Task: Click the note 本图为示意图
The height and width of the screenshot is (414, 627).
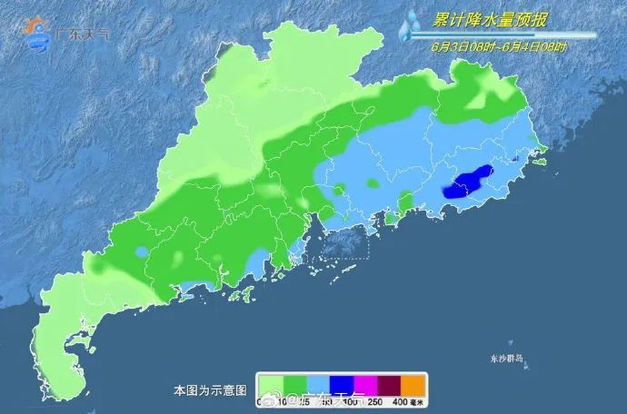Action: (210, 390)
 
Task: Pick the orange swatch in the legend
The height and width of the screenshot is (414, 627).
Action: (413, 383)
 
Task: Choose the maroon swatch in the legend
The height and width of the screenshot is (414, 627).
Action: (388, 383)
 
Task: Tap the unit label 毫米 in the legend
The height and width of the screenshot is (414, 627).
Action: (417, 400)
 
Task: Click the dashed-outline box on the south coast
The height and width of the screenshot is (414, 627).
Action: (337, 241)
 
